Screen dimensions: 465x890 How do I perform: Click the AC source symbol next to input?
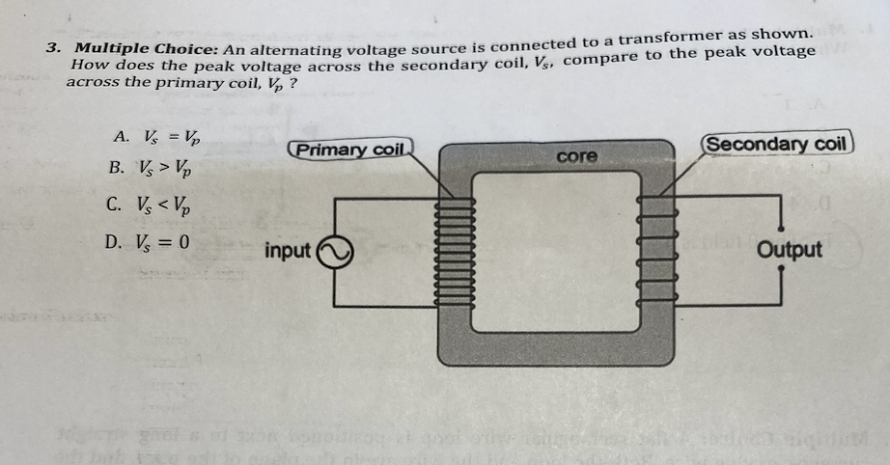coord(333,252)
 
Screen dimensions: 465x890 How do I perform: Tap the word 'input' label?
coord(288,251)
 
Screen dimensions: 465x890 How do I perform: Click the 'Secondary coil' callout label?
coord(776,145)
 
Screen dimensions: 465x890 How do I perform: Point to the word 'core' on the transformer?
coord(577,155)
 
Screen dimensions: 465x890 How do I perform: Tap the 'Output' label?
coord(790,250)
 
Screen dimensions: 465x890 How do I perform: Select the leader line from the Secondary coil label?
coord(686,168)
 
